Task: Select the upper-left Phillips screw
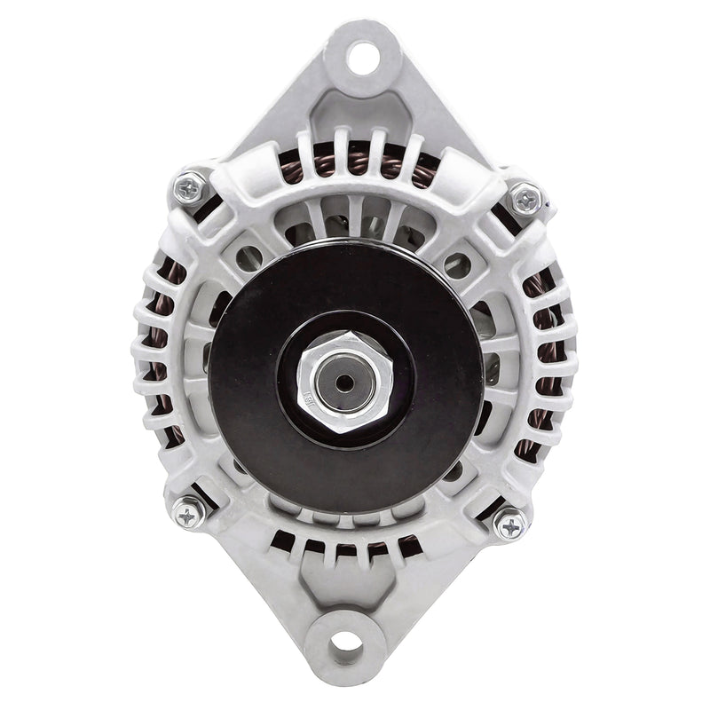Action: tap(188, 187)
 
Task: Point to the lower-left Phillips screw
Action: tap(189, 514)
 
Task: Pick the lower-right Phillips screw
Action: tap(512, 525)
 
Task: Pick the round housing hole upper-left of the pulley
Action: tap(251, 257)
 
